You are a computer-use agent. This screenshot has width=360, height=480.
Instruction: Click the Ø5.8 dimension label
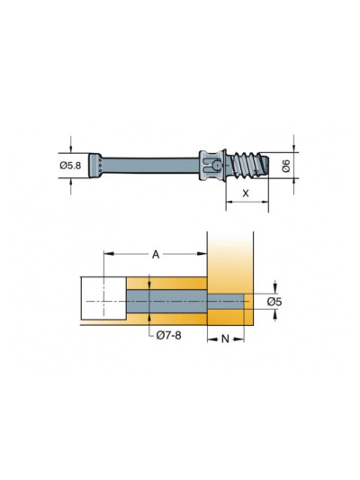[70, 166]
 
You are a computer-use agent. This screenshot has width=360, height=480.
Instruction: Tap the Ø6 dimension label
[285, 166]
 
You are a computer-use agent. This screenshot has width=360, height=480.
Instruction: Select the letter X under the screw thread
[246, 193]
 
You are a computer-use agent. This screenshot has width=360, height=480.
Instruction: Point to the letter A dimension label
[156, 254]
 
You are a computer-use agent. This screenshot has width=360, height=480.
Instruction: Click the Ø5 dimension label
[274, 302]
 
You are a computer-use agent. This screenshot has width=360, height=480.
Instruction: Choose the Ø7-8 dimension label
[169, 336]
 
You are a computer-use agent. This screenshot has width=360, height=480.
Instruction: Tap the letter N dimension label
[225, 339]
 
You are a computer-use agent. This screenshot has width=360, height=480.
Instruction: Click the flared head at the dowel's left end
[95, 166]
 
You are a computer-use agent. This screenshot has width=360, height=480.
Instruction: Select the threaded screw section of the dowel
[247, 166]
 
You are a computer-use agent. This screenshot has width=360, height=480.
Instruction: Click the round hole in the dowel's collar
[217, 166]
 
